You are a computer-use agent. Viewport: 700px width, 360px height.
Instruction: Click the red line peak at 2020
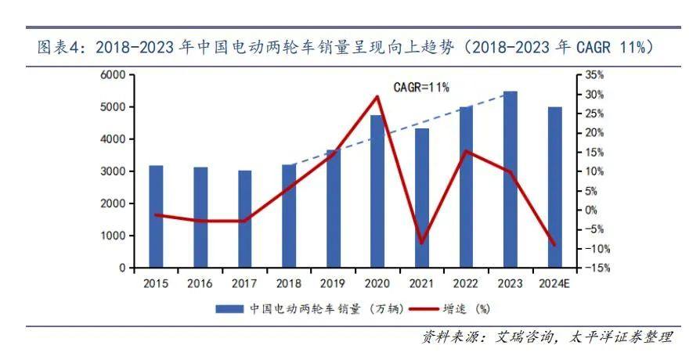(x=377, y=97)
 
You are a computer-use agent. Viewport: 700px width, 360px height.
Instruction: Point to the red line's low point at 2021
(x=421, y=243)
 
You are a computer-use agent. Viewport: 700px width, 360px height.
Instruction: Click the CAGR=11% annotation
(x=421, y=87)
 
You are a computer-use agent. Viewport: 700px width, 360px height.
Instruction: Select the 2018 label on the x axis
(x=289, y=283)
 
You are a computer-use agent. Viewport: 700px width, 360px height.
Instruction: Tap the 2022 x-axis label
(x=466, y=283)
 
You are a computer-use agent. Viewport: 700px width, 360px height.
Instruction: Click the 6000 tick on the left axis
(x=113, y=75)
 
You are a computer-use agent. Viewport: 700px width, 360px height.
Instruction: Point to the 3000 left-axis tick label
(x=113, y=171)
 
